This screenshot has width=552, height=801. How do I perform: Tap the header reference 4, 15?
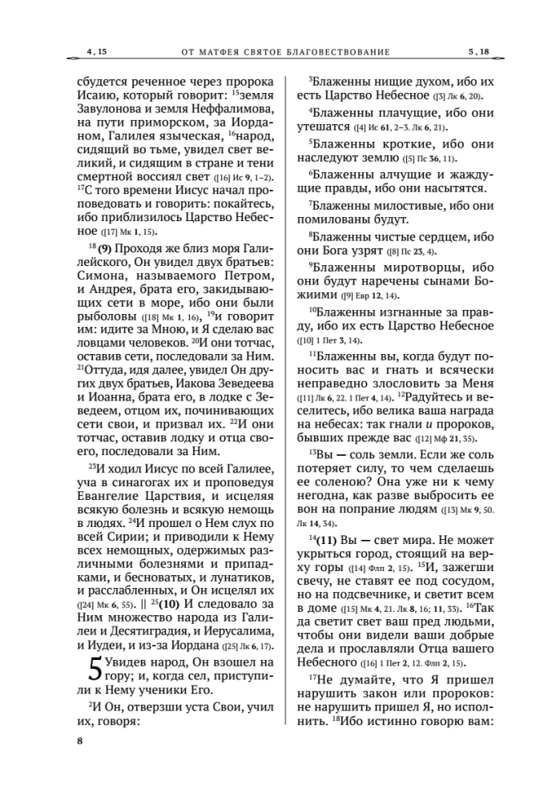tap(95, 52)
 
